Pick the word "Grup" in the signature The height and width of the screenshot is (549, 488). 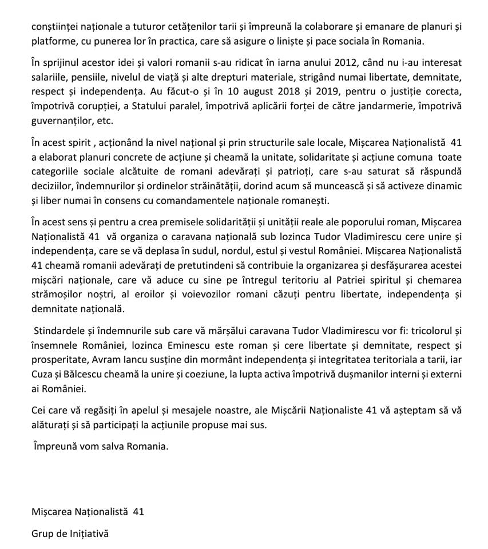42,534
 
